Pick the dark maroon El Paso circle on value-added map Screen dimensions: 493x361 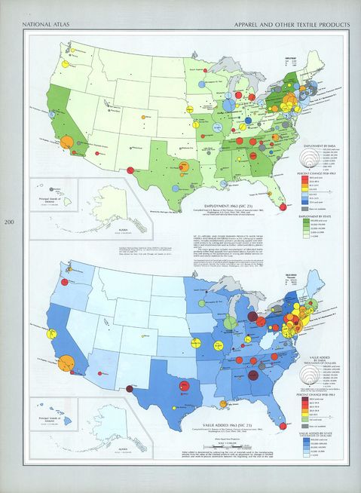click(x=130, y=389)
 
